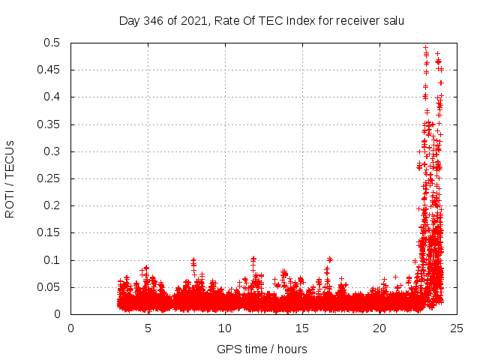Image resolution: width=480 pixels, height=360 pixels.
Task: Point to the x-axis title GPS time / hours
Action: [262, 349]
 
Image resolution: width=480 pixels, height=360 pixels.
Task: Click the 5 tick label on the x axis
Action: [148, 328]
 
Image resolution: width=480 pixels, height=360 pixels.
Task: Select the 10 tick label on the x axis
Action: [225, 328]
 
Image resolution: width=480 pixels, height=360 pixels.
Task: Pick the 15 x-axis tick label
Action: [302, 328]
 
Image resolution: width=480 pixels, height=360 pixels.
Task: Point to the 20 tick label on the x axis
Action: [379, 328]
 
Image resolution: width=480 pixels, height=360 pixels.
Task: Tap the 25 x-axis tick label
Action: [457, 328]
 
